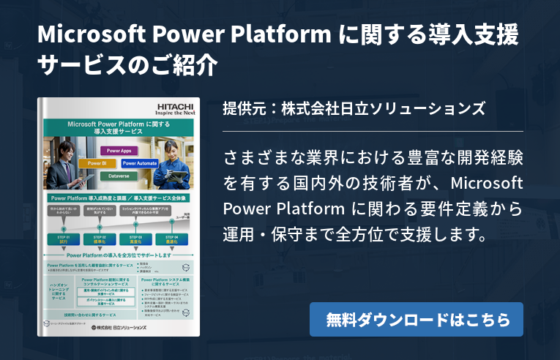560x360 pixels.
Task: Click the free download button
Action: click(416, 320)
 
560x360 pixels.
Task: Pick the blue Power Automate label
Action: click(138, 163)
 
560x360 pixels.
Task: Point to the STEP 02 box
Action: click(100, 239)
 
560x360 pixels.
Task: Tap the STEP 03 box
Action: click(137, 239)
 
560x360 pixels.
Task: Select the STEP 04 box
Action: click(173, 239)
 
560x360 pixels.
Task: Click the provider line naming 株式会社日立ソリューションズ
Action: click(354, 109)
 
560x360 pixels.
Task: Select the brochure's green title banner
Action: click(115, 127)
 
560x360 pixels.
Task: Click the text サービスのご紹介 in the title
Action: click(127, 67)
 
